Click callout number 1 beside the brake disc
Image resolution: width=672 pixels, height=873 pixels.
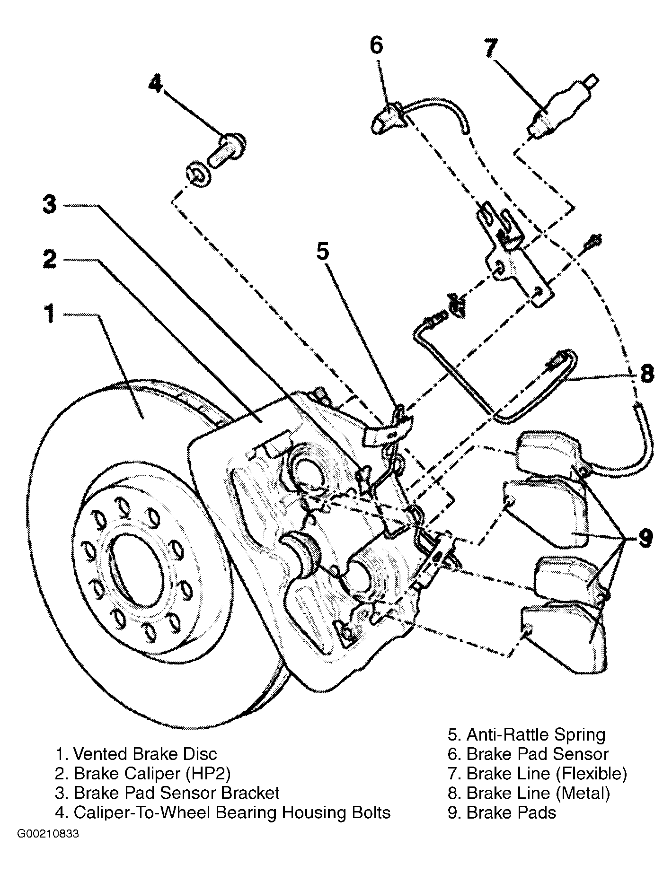click(51, 314)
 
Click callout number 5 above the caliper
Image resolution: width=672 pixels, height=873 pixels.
click(323, 252)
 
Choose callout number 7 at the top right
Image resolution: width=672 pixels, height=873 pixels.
click(491, 48)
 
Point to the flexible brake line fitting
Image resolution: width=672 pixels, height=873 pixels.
click(562, 107)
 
